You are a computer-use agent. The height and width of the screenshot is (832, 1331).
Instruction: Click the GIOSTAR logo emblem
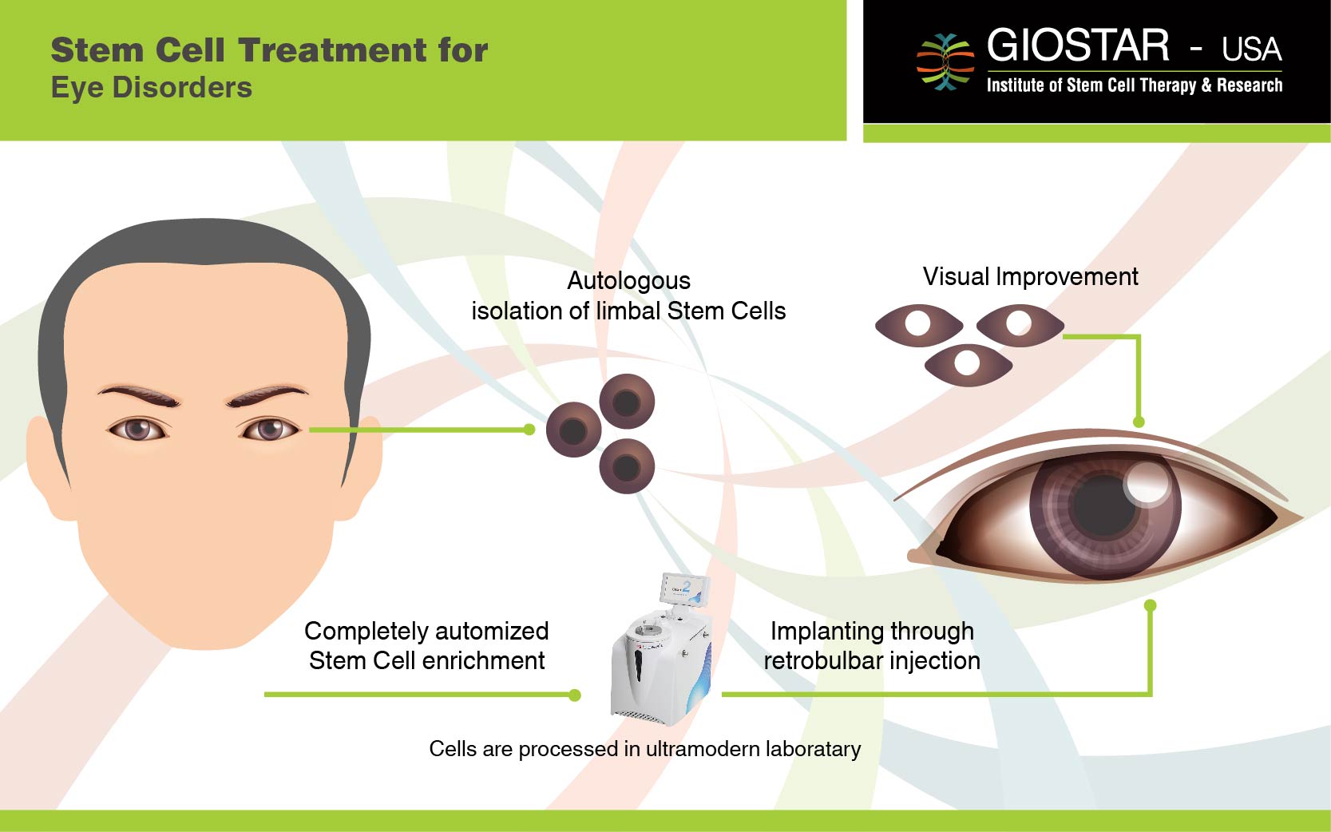945,61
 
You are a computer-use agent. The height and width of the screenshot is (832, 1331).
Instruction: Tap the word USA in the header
1252,50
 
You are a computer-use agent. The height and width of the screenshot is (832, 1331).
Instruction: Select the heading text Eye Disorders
152,87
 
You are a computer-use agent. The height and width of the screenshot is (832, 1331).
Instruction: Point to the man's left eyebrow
267,394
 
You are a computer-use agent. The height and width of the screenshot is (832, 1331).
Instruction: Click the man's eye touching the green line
268,429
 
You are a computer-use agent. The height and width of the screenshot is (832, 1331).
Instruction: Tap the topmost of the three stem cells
627,401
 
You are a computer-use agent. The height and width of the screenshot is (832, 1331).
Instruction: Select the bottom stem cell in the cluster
627,466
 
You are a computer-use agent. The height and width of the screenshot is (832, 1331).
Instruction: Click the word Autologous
628,281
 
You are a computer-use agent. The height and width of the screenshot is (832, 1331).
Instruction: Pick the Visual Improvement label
1030,276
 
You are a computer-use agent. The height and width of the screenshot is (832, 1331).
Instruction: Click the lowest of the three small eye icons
969,365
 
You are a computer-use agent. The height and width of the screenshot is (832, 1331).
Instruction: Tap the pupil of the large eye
1104,506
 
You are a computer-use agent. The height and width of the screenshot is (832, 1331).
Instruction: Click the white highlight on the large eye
1147,482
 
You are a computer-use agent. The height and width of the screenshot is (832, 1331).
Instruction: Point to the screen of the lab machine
685,590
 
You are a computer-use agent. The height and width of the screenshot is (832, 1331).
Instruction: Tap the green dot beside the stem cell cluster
529,430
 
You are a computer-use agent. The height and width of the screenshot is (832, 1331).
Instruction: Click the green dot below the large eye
1151,605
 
